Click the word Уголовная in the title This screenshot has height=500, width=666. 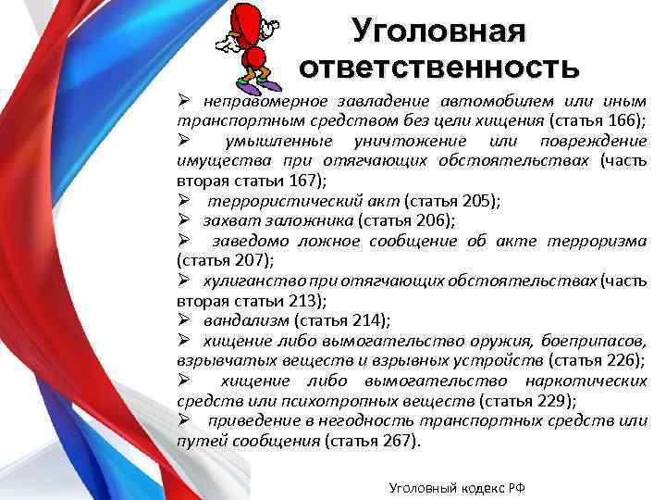(438, 31)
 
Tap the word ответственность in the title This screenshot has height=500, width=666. (438, 68)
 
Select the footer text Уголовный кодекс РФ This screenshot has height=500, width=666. (457, 487)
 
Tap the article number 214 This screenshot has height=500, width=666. (365, 320)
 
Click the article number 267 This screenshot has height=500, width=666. (395, 442)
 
